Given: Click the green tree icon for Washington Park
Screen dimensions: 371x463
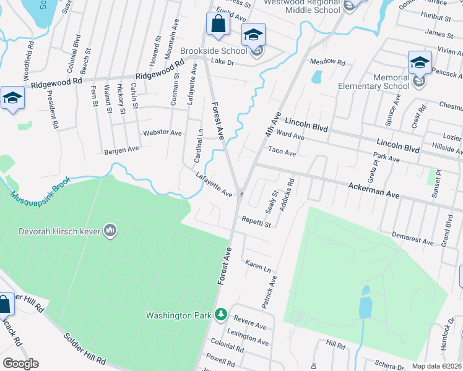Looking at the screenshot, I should pyautogui.click(x=221, y=315).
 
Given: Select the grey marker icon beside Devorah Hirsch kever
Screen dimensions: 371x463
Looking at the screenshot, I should pyautogui.click(x=111, y=231).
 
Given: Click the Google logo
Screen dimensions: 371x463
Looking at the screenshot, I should pyautogui.click(x=20, y=364).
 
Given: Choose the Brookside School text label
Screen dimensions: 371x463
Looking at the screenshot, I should pyautogui.click(x=213, y=51).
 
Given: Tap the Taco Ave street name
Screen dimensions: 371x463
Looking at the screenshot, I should pyautogui.click(x=282, y=151).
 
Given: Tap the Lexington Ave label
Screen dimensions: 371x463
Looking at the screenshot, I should pyautogui.click(x=248, y=338).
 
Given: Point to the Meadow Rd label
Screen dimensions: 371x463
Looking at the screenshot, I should pyautogui.click(x=327, y=62).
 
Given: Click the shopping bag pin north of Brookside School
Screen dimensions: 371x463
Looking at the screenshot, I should pyautogui.click(x=218, y=25).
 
